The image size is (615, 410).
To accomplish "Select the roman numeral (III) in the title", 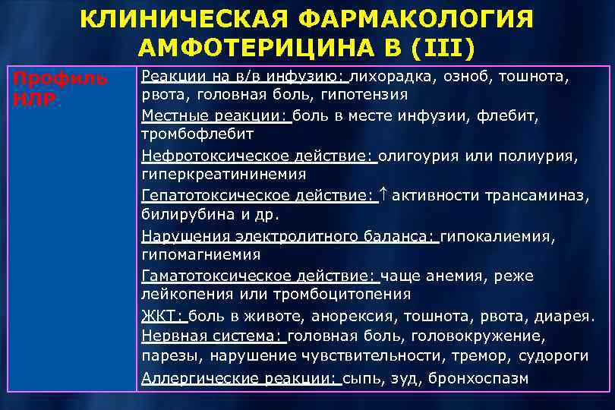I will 444,48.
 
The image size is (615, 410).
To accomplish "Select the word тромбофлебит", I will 197,134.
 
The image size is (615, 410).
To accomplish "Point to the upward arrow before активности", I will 383,195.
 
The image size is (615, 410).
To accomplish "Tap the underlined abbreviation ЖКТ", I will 161,314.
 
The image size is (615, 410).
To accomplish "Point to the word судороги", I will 553,355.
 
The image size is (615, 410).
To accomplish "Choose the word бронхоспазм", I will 480,377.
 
